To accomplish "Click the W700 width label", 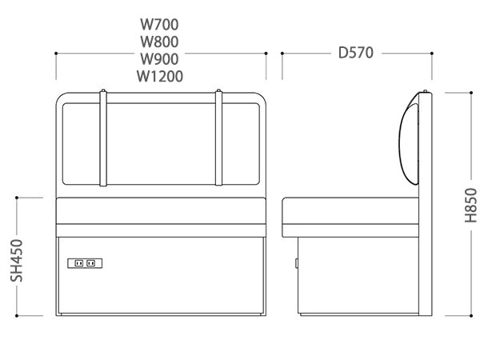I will [x=160, y=24].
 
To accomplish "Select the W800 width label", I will [x=160, y=42].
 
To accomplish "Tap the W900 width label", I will [x=160, y=59].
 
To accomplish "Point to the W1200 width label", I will [x=160, y=77].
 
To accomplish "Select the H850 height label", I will [x=470, y=206].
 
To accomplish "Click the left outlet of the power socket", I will [x=78, y=262].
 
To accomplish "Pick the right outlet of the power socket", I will [x=90, y=262].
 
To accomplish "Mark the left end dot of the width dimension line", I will [x=56, y=54].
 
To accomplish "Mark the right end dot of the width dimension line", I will [x=266, y=54].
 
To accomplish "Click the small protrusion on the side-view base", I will [x=296, y=262].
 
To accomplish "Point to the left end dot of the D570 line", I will [x=282, y=54].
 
